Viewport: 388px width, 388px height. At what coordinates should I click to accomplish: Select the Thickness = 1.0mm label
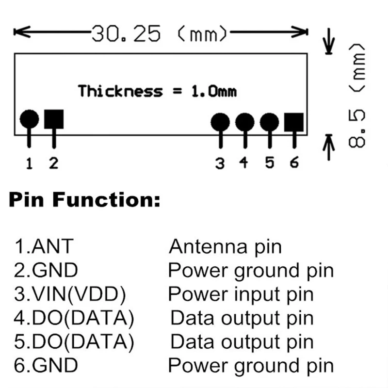coord(158,91)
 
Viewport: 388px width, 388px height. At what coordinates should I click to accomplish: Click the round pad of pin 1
coord(30,119)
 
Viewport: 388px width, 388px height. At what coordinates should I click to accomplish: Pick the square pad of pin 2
coord(54,119)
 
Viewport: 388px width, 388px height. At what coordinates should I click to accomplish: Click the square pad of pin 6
coord(294,122)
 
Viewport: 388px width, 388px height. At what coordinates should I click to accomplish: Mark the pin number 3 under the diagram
coord(220,163)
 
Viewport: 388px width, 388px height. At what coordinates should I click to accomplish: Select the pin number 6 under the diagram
coord(294,163)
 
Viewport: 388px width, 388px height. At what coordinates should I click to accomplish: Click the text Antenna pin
coord(225,247)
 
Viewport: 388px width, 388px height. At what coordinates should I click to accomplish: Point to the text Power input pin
coord(241,294)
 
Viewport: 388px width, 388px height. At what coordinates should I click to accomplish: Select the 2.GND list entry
coord(46,270)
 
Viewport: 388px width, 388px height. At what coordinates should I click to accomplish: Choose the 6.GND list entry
coord(46,365)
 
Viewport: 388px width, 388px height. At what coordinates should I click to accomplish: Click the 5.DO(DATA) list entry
coord(74,341)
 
